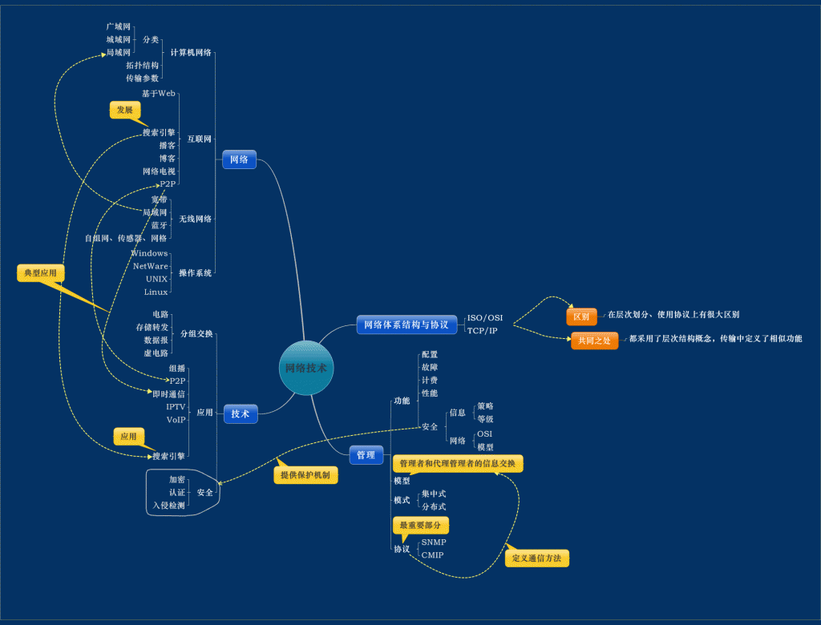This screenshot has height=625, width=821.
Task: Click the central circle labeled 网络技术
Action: [306, 368]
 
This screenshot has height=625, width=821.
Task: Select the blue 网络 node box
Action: [239, 160]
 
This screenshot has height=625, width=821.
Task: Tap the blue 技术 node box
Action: [241, 413]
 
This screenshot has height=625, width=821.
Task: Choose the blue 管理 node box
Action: [366, 454]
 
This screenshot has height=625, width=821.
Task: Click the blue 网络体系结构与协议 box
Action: [406, 325]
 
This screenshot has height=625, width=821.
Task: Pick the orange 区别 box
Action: [581, 317]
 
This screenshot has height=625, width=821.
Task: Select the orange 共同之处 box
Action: [594, 341]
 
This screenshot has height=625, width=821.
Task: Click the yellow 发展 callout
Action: [124, 110]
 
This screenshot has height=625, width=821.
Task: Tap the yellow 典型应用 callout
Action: [40, 273]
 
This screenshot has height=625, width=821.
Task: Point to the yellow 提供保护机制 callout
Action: [305, 475]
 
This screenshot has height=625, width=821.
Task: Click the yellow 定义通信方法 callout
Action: [536, 558]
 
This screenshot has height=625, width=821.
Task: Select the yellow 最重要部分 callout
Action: [420, 526]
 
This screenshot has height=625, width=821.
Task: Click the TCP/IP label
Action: [483, 330]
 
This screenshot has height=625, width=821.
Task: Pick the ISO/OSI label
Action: [485, 317]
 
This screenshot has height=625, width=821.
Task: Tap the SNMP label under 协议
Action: [434, 542]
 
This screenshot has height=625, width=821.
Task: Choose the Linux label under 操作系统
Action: [156, 292]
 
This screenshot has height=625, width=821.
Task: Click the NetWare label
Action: [151, 266]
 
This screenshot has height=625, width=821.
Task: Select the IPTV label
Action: [176, 406]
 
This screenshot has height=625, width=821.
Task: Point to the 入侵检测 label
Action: [168, 506]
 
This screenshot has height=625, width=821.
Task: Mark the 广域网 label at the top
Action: [118, 26]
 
